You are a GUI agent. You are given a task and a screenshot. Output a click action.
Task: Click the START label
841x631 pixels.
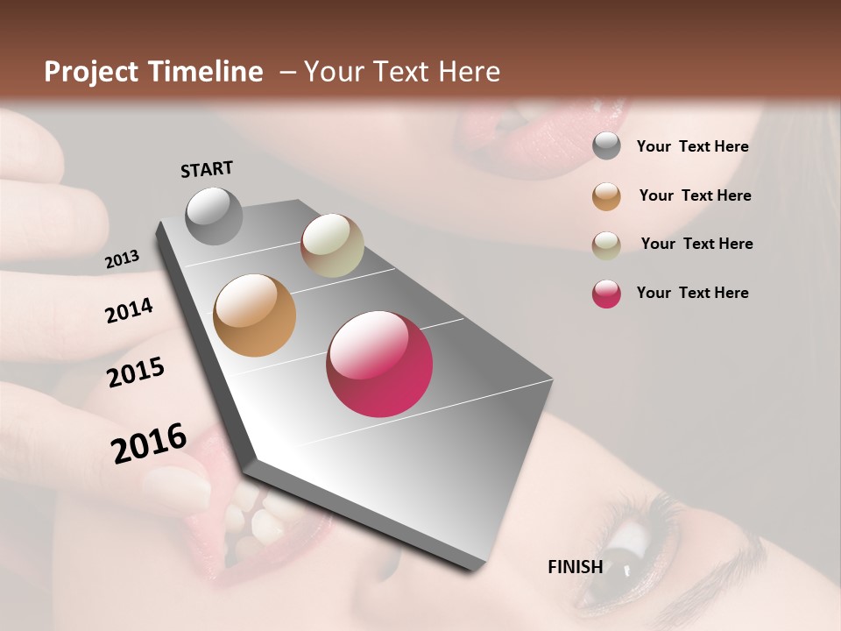point(207,169)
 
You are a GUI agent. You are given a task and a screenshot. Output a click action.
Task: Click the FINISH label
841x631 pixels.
point(576,566)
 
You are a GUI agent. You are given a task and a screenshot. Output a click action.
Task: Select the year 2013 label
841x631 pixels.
point(122,259)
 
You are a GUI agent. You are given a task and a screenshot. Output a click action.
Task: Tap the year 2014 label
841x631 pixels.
point(129,311)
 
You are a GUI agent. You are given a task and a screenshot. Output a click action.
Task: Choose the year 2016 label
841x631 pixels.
point(149,443)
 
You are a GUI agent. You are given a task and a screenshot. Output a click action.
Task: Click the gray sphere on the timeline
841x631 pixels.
point(214,216)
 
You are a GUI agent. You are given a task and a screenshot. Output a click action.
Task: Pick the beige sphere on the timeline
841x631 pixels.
point(332,245)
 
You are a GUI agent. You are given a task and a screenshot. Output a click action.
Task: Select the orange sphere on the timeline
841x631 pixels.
point(255,315)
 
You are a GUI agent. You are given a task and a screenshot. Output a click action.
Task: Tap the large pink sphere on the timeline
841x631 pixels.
point(379,364)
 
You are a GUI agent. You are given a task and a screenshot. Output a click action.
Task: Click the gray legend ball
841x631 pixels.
point(606,146)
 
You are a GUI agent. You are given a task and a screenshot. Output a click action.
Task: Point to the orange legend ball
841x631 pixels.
point(606,196)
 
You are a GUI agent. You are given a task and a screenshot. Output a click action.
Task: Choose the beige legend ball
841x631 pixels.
point(606,245)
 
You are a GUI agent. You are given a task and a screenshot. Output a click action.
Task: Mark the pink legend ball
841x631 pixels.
point(606,294)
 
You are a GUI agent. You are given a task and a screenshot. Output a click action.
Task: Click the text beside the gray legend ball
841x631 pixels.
point(692,146)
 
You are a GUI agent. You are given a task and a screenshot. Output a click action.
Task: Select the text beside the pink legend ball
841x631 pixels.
point(692,293)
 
